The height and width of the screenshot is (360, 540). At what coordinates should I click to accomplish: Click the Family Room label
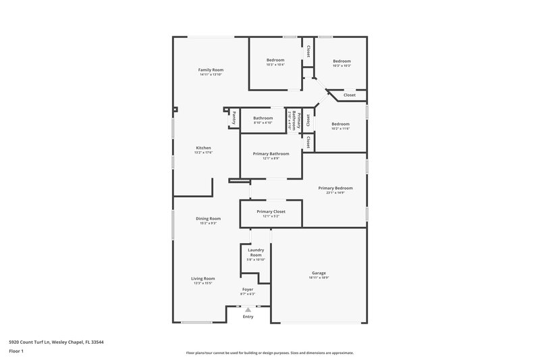(211, 70)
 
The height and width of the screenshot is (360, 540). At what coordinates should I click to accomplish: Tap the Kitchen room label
(204, 148)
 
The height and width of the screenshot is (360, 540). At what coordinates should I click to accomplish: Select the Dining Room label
(208, 218)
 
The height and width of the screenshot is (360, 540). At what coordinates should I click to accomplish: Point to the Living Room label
(202, 278)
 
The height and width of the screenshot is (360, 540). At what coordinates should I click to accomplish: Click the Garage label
(319, 273)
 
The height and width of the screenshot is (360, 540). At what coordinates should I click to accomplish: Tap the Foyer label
(248, 289)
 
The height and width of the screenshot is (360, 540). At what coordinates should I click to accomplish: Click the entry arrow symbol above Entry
(248, 309)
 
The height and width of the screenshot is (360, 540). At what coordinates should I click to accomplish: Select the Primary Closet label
(271, 211)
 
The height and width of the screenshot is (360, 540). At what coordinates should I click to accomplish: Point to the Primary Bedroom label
(335, 188)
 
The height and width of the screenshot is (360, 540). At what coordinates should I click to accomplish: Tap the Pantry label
(234, 118)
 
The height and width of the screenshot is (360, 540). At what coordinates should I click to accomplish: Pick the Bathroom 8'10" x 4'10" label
(263, 118)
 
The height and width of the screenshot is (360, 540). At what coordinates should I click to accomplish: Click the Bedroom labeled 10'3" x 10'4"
(275, 60)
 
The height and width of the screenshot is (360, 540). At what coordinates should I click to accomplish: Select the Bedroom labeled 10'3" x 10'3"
(341, 61)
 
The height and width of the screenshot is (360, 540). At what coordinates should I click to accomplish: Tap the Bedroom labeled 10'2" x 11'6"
(340, 124)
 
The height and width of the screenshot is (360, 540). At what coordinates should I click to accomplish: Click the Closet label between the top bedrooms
(308, 51)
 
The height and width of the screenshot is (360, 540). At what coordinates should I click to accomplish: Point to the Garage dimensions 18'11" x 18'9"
(319, 278)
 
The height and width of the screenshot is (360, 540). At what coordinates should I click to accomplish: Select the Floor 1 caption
(16, 352)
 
